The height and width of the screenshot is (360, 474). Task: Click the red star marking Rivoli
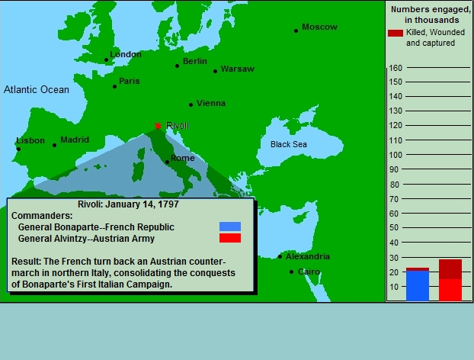(158, 126)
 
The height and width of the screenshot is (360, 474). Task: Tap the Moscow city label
(319, 27)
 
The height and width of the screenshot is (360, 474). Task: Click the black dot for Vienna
(191, 104)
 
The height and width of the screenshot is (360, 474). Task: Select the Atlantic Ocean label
(37, 89)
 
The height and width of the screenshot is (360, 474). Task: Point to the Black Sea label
(289, 144)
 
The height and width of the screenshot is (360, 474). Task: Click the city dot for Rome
(167, 162)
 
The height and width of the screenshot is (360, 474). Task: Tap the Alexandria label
(308, 256)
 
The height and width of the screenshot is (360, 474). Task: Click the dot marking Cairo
(291, 272)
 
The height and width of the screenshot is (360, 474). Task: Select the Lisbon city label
(30, 140)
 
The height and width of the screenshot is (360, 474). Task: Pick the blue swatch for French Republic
(230, 227)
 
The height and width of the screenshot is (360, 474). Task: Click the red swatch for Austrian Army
(230, 238)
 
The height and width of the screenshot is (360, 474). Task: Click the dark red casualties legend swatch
(396, 33)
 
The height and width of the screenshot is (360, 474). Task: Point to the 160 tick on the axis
(396, 68)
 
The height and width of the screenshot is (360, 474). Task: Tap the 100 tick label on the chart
(396, 155)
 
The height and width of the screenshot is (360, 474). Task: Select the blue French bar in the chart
(418, 286)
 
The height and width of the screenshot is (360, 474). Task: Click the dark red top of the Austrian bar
(450, 269)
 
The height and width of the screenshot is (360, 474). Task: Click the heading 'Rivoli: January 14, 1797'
(128, 204)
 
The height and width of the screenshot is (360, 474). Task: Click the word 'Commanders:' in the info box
(42, 216)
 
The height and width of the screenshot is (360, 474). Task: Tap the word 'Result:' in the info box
(27, 262)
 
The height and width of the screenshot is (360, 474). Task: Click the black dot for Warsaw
(215, 72)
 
